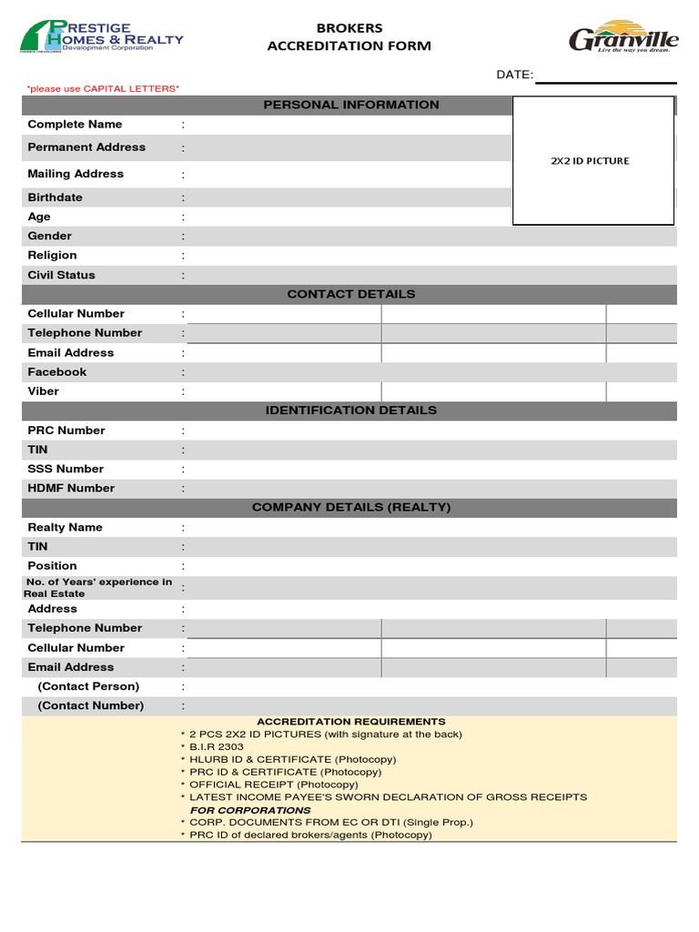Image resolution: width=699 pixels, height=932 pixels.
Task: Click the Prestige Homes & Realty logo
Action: [x=101, y=37]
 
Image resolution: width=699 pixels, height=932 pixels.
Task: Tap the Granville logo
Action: [x=623, y=37]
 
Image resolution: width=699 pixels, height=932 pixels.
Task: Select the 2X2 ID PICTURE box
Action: [x=593, y=160]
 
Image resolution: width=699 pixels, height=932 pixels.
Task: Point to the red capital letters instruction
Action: [x=103, y=88]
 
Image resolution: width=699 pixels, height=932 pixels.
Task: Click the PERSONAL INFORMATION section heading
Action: [x=351, y=105]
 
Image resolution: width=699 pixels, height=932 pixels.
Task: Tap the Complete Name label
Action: [x=75, y=125]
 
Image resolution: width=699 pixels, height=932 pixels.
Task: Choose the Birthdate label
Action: [x=55, y=198]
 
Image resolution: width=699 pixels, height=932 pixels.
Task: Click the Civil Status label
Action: [x=61, y=275]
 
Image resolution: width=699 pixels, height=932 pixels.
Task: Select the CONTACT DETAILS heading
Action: [x=351, y=294]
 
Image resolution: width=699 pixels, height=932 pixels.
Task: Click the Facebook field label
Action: [x=57, y=372]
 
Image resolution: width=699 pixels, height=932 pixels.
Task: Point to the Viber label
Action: [x=44, y=391]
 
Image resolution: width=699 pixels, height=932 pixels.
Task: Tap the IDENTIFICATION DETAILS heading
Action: [x=351, y=410]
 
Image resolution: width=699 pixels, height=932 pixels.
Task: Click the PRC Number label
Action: [x=66, y=431]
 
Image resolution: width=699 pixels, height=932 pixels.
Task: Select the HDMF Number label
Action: [x=71, y=489]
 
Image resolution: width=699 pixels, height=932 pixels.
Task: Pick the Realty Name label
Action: [x=65, y=528]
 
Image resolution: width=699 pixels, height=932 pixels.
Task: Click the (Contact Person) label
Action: [x=88, y=686]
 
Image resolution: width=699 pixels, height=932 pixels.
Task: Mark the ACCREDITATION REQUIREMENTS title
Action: [x=351, y=722]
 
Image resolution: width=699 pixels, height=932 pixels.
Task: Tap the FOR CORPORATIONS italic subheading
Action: [x=250, y=810]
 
